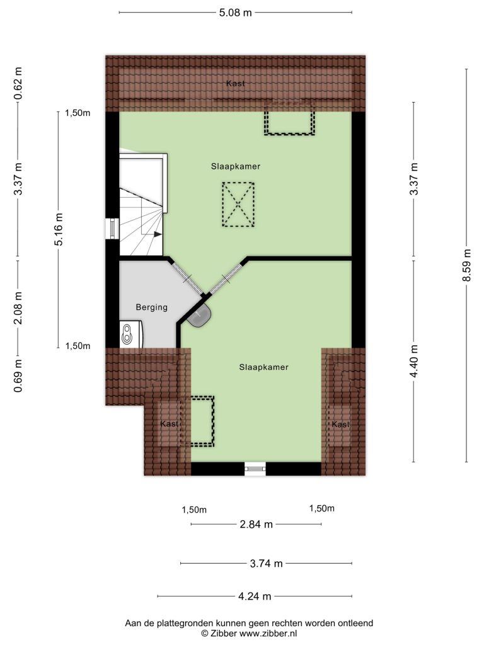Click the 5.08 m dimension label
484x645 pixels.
(x=235, y=13)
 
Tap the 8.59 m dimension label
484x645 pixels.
(x=466, y=265)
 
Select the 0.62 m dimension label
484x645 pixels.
(x=18, y=84)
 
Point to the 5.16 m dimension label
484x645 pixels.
(x=59, y=229)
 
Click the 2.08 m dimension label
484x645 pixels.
(x=18, y=307)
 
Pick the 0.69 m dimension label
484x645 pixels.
(x=18, y=375)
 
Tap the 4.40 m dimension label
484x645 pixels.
(x=413, y=361)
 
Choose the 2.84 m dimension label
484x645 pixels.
(x=256, y=525)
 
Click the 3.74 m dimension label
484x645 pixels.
(x=267, y=564)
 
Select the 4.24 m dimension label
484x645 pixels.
(x=255, y=596)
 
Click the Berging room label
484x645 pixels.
(x=151, y=307)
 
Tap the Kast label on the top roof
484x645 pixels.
(x=236, y=84)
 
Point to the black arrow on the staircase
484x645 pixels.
(x=158, y=234)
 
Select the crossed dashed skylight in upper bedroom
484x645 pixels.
(x=238, y=205)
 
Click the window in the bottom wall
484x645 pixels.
(x=255, y=469)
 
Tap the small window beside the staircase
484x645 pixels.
(x=112, y=228)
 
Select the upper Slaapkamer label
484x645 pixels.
(x=236, y=166)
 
